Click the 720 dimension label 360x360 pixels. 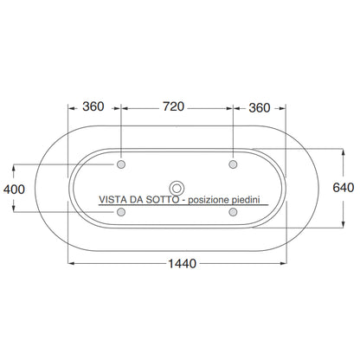point(173,106)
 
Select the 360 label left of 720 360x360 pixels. point(93,106)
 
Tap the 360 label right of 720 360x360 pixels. point(260,108)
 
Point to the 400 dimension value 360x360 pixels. point(14,190)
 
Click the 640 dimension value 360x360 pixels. point(344,188)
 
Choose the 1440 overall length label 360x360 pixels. point(183,264)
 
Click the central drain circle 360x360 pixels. point(177,189)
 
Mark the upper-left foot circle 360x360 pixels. point(121,164)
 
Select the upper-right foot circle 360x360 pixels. point(233,164)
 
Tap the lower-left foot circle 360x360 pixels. point(121,212)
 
